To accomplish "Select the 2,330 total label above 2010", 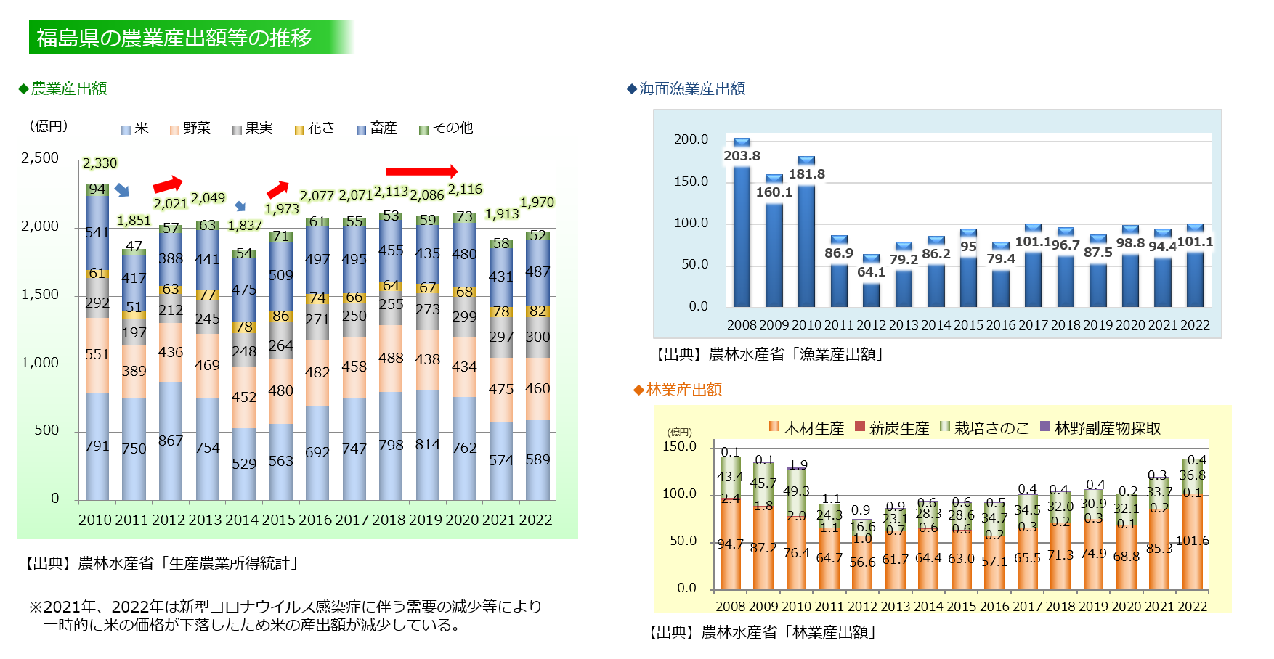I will (x=100, y=163).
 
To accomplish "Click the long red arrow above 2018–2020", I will (x=421, y=171).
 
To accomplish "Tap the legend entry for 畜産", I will (x=377, y=128).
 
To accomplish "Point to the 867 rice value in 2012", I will (x=171, y=441).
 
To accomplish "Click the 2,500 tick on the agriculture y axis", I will (x=40, y=158).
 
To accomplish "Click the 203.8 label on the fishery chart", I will (x=742, y=156).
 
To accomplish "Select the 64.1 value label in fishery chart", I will (x=871, y=272).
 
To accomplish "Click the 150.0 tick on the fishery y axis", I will (x=691, y=181).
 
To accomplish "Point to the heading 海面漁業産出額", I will (x=691, y=89).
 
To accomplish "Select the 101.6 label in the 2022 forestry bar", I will (x=1192, y=541).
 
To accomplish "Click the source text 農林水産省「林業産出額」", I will (x=789, y=632).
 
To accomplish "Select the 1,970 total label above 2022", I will (x=537, y=202).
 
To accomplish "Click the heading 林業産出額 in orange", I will (x=683, y=390).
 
